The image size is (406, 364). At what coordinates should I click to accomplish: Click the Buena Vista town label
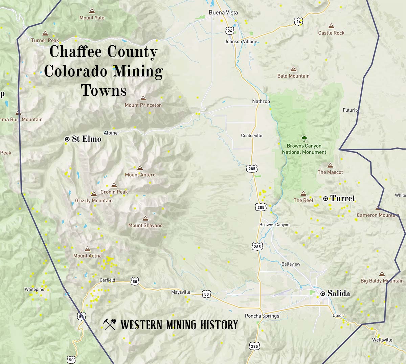coord(223,13)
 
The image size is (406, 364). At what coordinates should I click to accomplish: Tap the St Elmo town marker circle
coord(67,139)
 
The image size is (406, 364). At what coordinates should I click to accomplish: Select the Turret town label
coord(342,198)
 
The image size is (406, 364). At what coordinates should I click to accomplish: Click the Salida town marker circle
coord(323,293)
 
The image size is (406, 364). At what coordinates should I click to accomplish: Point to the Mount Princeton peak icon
coord(143,98)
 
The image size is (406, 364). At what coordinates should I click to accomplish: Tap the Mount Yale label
coord(92,18)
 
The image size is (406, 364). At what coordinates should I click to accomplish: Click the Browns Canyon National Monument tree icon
coord(304,138)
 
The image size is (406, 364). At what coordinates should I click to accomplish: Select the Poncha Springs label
coord(262,316)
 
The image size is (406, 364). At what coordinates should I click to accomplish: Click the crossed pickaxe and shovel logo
coord(110,324)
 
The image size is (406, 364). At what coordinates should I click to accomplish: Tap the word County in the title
coord(132,52)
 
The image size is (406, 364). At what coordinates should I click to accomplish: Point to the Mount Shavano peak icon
coord(145,219)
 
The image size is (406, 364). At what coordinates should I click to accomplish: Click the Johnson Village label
coord(241,42)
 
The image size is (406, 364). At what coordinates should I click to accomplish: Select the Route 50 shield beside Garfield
coord(135,281)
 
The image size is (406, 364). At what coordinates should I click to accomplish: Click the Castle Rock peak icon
coord(331,26)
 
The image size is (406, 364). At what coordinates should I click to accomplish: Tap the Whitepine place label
coord(34,289)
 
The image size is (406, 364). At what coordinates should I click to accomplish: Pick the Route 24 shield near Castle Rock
coord(298,22)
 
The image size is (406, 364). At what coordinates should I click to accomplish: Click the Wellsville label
coord(382,340)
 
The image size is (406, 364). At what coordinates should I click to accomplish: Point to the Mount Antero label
coord(140,175)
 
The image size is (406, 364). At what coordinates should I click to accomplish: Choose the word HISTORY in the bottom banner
coord(219,325)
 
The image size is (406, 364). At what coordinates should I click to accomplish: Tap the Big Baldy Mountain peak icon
coord(382,274)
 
